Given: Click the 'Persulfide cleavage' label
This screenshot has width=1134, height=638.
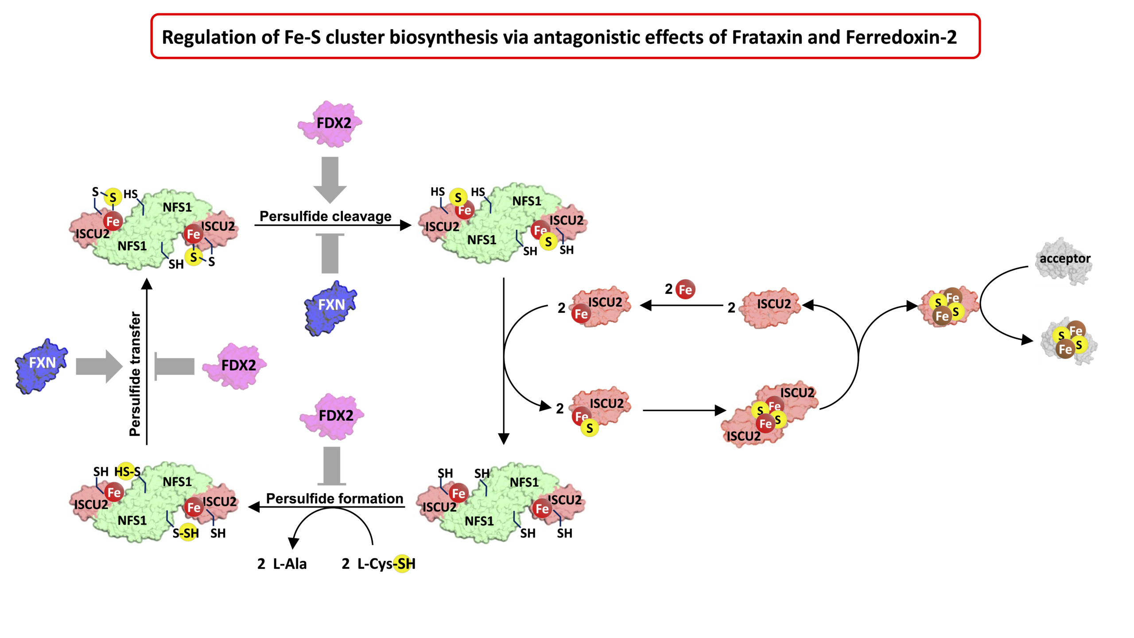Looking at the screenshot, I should click(326, 216).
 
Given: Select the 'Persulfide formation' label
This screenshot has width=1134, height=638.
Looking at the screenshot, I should click(334, 498).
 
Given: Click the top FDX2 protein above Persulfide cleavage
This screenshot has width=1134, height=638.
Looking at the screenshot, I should click(330, 123).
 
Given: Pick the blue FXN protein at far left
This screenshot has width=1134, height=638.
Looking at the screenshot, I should click(41, 366).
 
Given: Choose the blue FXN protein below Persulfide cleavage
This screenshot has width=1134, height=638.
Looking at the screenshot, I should click(330, 307).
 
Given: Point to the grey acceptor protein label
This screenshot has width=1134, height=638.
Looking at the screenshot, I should click(1064, 259).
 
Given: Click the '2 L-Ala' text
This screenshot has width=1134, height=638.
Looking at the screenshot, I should click(282, 564).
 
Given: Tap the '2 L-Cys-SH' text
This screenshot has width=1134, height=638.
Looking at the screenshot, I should click(379, 564).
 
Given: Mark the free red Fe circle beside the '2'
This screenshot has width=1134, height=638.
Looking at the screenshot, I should click(685, 290).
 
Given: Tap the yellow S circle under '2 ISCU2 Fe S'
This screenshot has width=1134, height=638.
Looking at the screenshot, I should click(590, 428).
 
